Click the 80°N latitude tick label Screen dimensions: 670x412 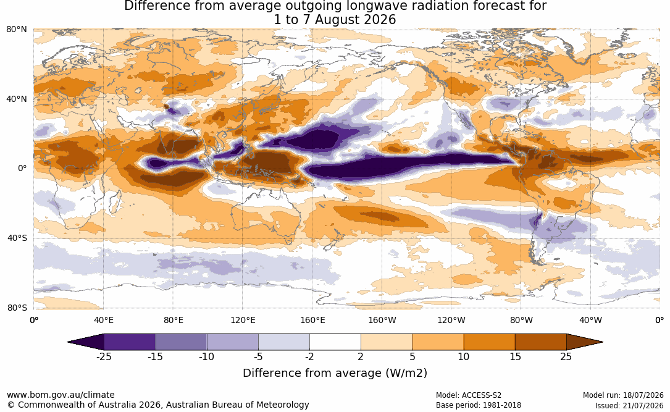click(x=16, y=30)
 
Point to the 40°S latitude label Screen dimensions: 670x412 click(x=17, y=238)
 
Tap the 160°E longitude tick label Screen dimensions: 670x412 click(x=312, y=321)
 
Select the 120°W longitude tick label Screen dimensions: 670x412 click(x=451, y=321)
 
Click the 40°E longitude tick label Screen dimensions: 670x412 click(x=103, y=321)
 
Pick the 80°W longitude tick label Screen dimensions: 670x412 click(x=521, y=321)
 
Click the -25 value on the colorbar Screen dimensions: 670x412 click(x=103, y=356)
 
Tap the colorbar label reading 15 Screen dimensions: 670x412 click(x=515, y=356)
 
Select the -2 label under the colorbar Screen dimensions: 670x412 click(x=309, y=356)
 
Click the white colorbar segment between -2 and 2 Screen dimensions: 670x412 click(x=335, y=342)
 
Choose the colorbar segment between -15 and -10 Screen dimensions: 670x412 click(x=181, y=342)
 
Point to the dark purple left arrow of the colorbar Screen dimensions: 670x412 click(x=85, y=342)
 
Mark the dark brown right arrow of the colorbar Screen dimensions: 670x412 click(x=585, y=342)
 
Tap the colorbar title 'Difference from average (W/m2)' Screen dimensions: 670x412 click(x=335, y=372)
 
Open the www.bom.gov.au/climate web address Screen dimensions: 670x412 click(x=61, y=395)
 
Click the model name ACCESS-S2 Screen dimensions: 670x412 click(x=481, y=395)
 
